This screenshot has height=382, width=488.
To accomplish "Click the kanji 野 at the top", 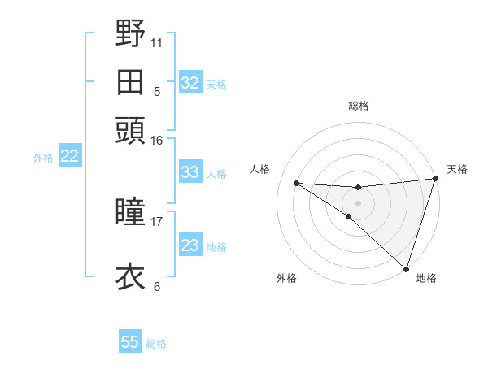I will coord(131,35).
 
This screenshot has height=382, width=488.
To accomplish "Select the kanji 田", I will coord(131,82).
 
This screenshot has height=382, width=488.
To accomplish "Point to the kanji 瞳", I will coord(131,213).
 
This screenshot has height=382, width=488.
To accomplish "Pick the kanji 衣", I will coord(131,276).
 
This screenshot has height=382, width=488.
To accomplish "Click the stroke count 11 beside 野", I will coord(157,42).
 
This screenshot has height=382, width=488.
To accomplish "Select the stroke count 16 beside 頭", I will coord(157,140).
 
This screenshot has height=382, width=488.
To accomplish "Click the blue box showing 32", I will coord(190,83).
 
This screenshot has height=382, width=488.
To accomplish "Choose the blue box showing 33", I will coord(190,172).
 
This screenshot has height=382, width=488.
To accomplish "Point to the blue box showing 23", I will coord(190,245).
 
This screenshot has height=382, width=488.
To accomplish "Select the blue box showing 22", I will coord(69,157).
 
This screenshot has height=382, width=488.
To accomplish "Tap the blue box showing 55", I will coord(130,342).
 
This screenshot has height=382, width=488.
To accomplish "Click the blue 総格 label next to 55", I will coord(156,344).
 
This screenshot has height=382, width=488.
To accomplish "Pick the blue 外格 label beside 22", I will coord(43,158).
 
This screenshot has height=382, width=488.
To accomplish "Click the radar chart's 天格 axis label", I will coord(457,169).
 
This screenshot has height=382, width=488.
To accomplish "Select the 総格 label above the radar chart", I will coord(358,106).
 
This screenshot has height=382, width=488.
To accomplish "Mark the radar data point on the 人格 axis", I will coord(296,183).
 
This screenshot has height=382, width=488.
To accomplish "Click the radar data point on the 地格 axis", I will coord(406,268).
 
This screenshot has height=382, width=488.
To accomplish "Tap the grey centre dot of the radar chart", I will coord(358,202).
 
